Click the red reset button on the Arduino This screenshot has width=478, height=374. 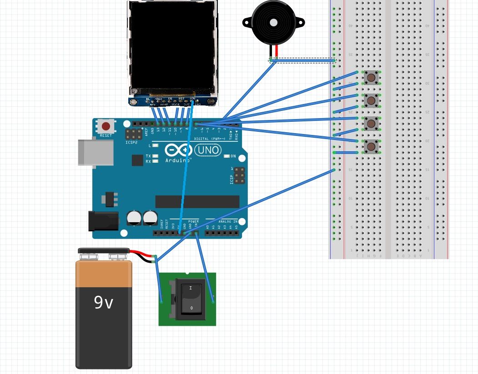coord(106,126)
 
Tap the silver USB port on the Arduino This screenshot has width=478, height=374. coord(96,152)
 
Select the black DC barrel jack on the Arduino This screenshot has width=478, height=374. coord(103,221)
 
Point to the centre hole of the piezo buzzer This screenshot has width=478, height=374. coord(273,22)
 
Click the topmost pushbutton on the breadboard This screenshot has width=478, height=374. coord(371,78)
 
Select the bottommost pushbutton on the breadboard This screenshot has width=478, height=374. coord(371,146)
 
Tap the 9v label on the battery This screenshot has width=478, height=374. coord(103,302)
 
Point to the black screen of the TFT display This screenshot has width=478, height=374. coord(172,45)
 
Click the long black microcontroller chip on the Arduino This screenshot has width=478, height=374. coord(197,202)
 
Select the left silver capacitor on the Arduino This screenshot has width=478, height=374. coord(134,218)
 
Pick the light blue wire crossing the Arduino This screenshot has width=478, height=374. coord(186,173)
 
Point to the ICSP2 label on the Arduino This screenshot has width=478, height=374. coord(131,142)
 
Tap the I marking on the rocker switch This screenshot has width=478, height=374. coord(190,288)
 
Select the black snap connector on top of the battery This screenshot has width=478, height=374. coord(104,251)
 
